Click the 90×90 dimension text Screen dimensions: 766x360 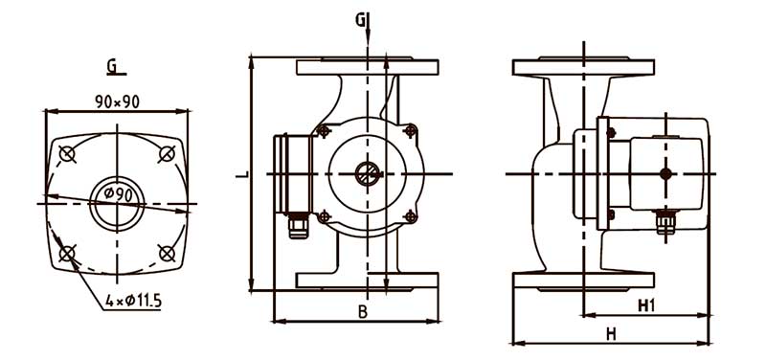pyautogui.click(x=117, y=101)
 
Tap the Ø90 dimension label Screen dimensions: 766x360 pyautogui.click(x=118, y=195)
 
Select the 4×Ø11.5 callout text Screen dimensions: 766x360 pyautogui.click(x=133, y=301)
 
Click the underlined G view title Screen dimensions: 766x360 pyautogui.click(x=112, y=67)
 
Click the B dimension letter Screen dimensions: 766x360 pyautogui.click(x=362, y=312)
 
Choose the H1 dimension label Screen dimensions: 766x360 pyautogui.click(x=646, y=305)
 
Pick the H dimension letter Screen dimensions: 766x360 pyautogui.click(x=610, y=334)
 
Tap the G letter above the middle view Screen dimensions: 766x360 pyautogui.click(x=360, y=20)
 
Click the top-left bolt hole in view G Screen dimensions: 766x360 pyautogui.click(x=67, y=154)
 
